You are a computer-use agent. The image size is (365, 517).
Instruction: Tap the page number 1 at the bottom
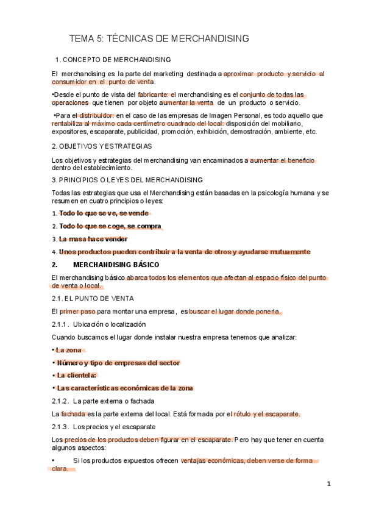pos(328,484)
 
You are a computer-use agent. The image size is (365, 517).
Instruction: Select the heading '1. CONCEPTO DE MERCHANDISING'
pos(113,60)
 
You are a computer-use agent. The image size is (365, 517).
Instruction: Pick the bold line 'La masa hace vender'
pos(93,239)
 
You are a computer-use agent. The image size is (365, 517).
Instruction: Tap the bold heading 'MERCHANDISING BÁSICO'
pos(115,265)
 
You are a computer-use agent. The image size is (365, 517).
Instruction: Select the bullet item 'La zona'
pos(69,350)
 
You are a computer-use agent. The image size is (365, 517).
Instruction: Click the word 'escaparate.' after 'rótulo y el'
pos(278,414)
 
